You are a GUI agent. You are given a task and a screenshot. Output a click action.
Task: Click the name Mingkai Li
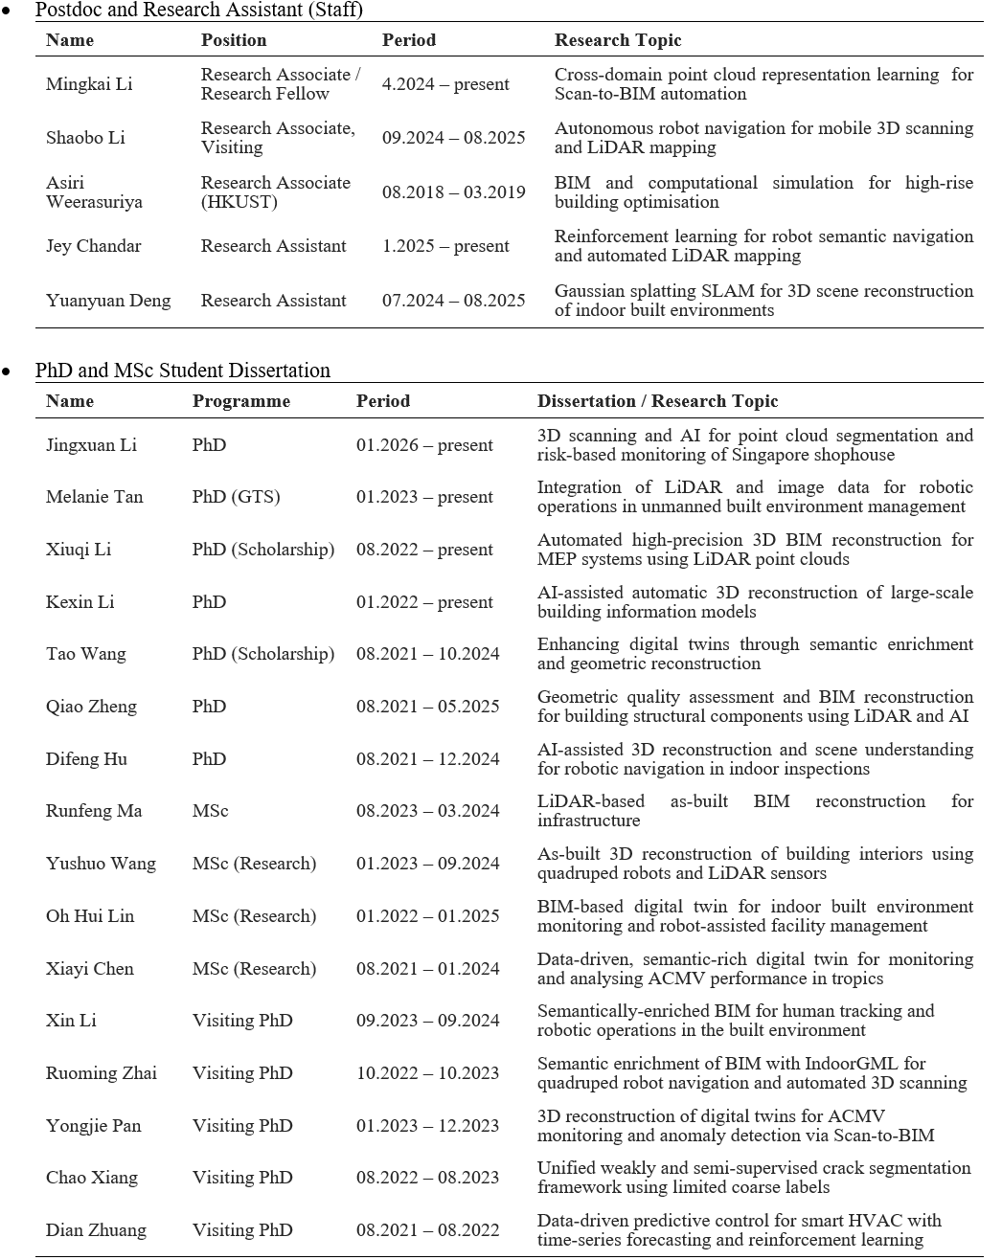89,84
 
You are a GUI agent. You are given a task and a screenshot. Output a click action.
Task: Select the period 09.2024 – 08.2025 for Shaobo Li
453,138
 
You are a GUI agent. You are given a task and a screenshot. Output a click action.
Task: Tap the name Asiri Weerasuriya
94,192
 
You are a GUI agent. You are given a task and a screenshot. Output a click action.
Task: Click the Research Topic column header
618,40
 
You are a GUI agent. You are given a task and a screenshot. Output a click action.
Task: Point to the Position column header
234,40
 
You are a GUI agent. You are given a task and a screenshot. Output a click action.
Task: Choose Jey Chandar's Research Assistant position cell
273,246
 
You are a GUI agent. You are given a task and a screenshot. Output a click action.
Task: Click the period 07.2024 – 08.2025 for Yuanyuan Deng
453,301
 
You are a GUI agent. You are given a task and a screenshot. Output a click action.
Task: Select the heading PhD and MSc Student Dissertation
182,371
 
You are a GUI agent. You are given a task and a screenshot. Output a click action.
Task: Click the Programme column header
240,401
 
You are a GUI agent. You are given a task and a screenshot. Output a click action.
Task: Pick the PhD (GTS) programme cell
236,497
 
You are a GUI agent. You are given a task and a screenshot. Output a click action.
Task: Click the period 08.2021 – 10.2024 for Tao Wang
427,654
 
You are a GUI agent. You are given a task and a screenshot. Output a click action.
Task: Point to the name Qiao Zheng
91,707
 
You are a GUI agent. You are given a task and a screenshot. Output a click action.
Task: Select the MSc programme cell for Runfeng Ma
210,811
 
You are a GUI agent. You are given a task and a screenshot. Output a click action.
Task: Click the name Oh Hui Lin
90,916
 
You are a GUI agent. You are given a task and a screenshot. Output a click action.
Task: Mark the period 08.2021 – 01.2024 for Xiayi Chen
427,969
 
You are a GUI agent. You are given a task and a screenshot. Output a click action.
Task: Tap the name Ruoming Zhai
102,1073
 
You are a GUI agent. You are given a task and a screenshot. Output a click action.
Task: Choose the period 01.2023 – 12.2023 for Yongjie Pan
427,1126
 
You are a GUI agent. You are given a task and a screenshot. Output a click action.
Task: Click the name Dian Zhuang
96,1230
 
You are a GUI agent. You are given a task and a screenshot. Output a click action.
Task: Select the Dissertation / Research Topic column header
657,401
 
